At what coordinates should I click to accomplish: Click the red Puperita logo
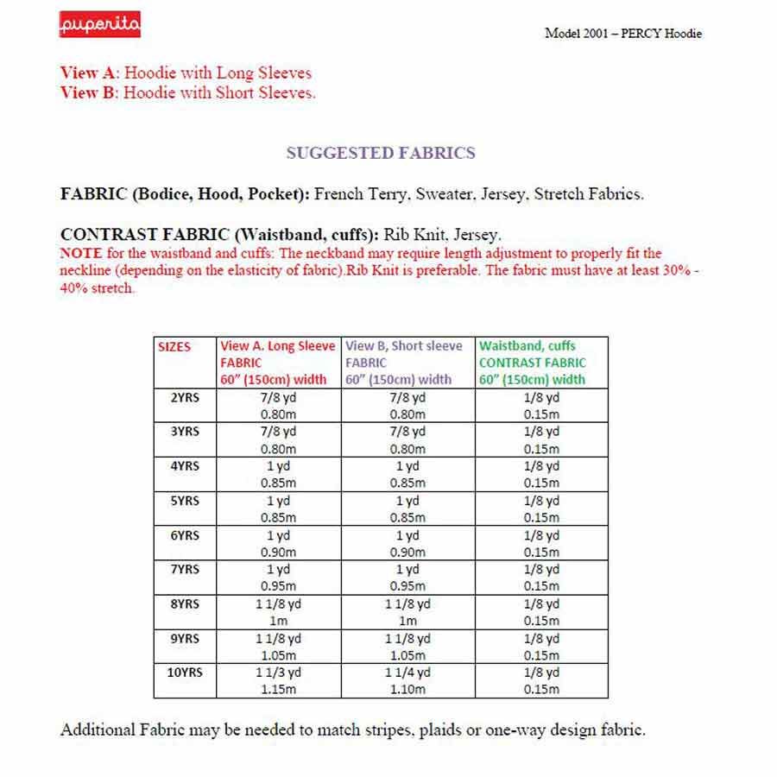[x=100, y=26]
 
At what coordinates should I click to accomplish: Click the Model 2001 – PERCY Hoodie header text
[x=623, y=34]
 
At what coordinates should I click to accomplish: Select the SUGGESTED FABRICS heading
[x=380, y=154]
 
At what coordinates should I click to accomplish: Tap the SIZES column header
[x=174, y=347]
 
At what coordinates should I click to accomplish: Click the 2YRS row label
[x=183, y=397]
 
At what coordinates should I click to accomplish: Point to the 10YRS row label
[x=183, y=673]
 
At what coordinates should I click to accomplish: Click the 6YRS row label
[x=183, y=535]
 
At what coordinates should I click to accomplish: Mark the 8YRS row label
[x=183, y=604]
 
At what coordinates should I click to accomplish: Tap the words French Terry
[x=361, y=194]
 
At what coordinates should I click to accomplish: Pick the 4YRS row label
[x=183, y=466]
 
